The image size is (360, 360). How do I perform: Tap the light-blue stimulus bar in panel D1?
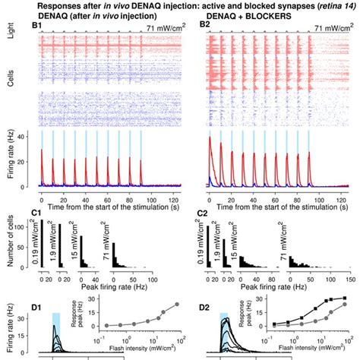(55, 317)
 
